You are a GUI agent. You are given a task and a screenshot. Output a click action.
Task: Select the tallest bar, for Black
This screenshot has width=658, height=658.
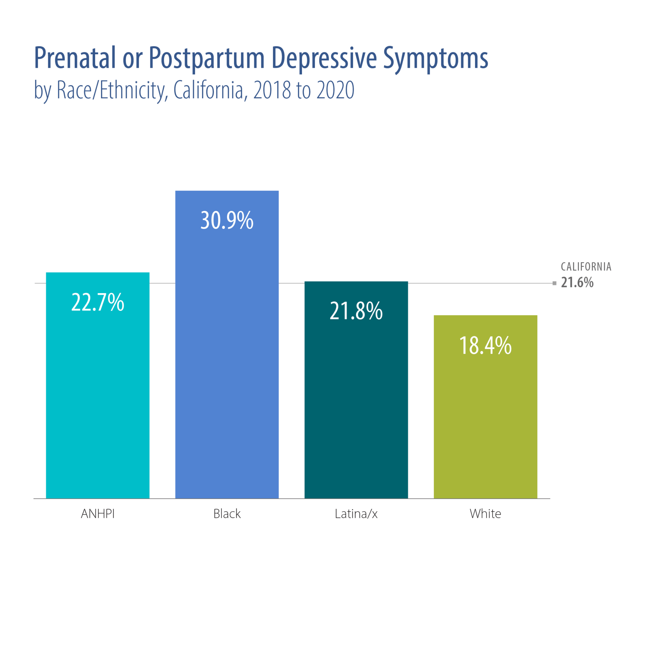click(x=227, y=358)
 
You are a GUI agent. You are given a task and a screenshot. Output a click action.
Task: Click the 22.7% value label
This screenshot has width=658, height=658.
click(x=98, y=302)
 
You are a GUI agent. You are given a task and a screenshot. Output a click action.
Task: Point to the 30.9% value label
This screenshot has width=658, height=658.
click(x=227, y=220)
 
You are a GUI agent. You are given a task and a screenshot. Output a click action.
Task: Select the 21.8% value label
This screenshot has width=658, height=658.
click(x=356, y=311)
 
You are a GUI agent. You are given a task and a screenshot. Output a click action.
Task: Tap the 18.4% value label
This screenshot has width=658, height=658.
click(x=485, y=345)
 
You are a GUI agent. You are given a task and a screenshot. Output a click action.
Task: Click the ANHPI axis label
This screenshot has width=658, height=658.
click(x=98, y=514)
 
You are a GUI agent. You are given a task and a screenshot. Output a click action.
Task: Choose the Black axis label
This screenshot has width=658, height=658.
click(x=227, y=514)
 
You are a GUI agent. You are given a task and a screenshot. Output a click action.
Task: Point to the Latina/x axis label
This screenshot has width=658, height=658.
click(x=356, y=514)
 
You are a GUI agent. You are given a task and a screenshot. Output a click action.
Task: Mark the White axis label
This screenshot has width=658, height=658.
click(x=485, y=514)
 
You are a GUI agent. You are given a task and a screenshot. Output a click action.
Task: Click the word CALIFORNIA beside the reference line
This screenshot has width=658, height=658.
click(x=586, y=267)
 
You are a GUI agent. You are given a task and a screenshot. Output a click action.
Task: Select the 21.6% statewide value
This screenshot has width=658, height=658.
click(x=577, y=282)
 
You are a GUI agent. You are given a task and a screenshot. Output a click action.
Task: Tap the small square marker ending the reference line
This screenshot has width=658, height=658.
click(x=554, y=283)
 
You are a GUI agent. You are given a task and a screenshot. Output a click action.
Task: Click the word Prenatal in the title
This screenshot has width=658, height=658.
click(x=75, y=58)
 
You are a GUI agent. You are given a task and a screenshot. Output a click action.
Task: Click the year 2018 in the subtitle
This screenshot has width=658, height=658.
click(x=272, y=90)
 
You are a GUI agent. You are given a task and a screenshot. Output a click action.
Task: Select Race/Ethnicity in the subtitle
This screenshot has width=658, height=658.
click(x=112, y=90)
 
